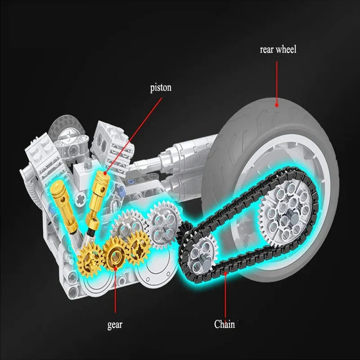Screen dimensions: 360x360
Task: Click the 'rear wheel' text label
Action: tap(278, 49)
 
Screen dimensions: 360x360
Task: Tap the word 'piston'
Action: tap(161, 87)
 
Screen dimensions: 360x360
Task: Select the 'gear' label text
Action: tap(115, 324)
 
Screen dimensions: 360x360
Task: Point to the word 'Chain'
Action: tap(225, 324)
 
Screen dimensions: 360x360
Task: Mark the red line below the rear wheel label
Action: tap(277, 81)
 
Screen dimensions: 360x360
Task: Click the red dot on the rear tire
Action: tap(277, 105)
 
